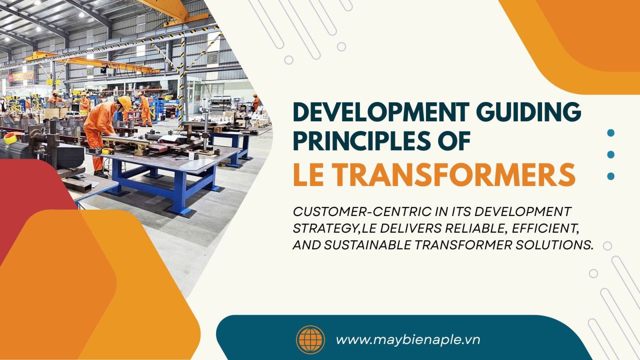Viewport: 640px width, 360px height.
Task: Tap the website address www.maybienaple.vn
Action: [x=408, y=340]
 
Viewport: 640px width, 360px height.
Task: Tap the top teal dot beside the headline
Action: [x=610, y=133]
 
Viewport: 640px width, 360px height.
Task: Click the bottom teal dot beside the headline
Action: [x=610, y=176]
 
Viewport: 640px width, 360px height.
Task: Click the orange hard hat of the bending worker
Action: [x=125, y=102]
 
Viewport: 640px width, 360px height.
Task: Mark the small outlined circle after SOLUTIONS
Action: [x=607, y=246]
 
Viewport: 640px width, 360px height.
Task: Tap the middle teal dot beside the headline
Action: [x=610, y=154]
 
